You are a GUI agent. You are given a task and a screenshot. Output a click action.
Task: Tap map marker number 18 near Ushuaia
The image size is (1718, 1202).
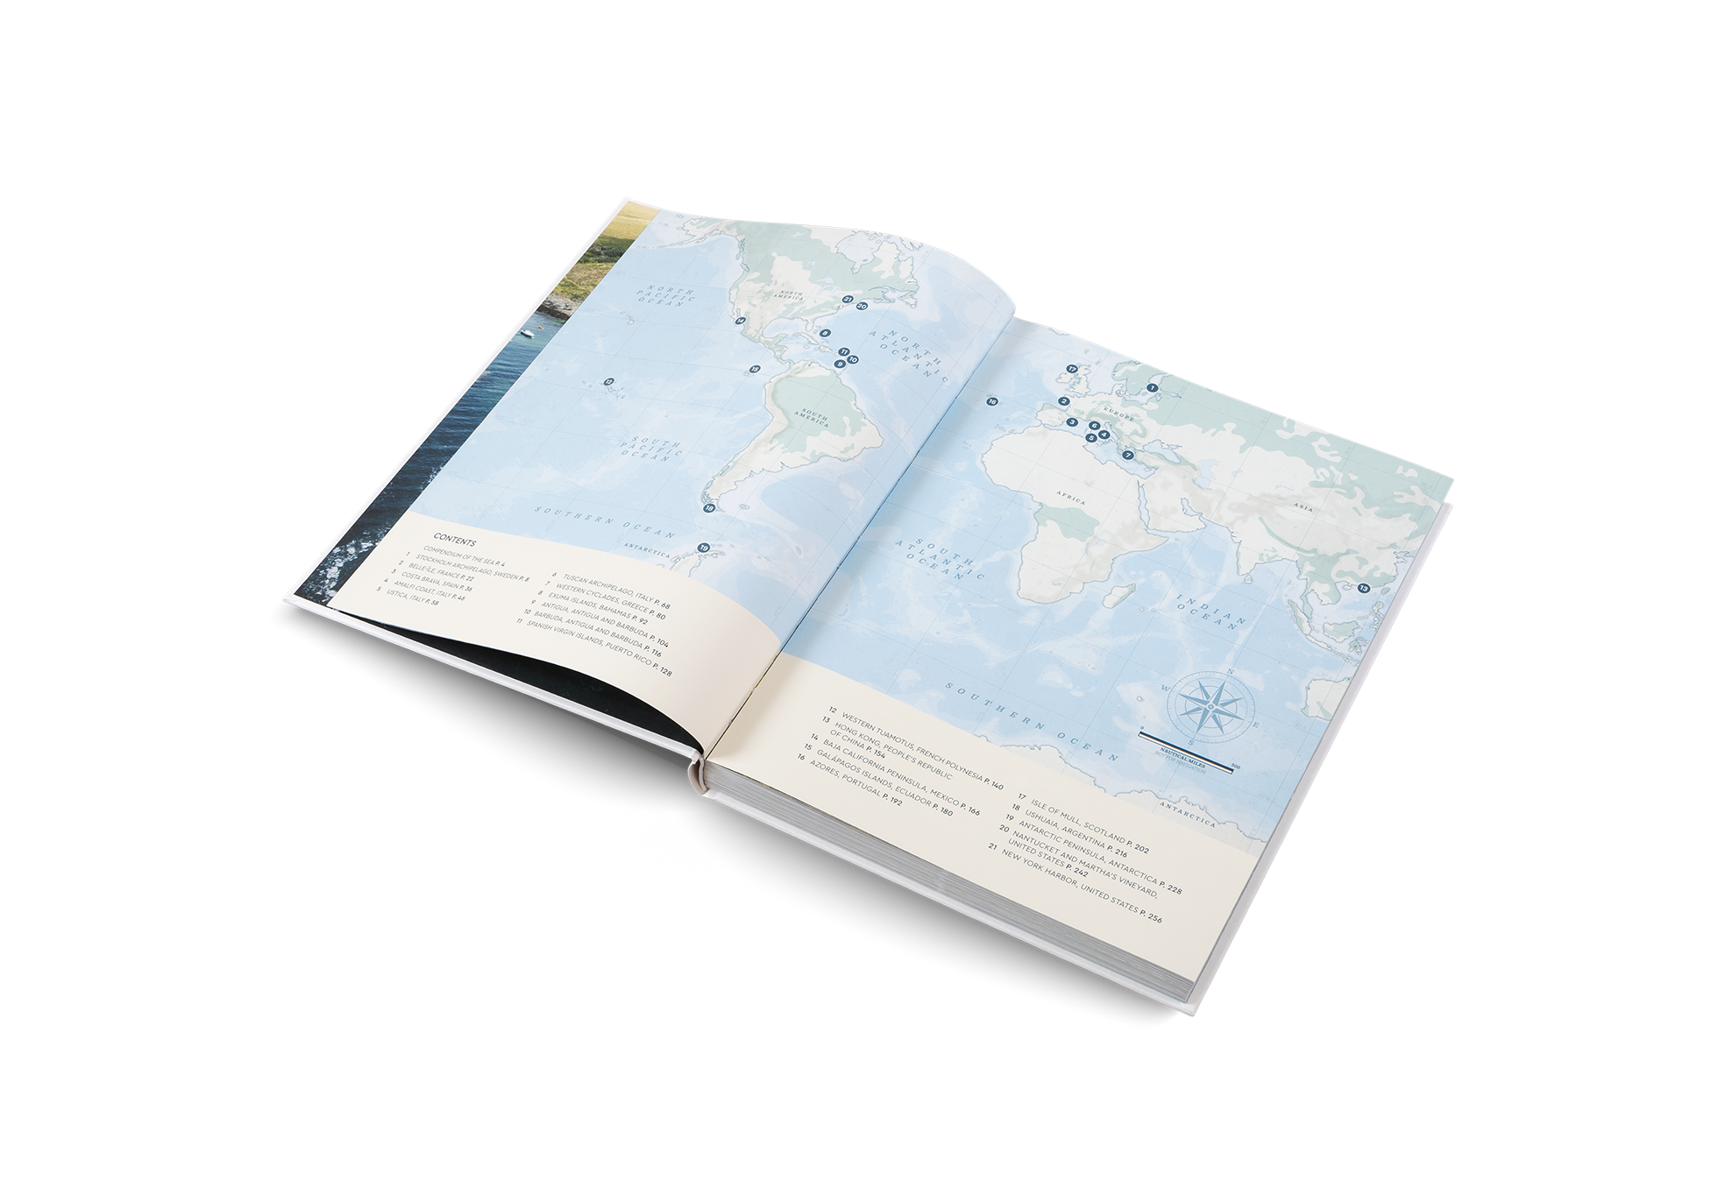[710, 507]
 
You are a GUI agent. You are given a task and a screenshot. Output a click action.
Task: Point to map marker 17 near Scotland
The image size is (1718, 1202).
[1070, 369]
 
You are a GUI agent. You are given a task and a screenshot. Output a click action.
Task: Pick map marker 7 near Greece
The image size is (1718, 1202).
[1128, 455]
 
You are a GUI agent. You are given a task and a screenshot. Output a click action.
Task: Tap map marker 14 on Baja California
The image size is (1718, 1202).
[741, 321]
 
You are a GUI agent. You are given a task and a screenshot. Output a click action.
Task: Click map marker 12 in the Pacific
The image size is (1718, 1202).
[608, 381]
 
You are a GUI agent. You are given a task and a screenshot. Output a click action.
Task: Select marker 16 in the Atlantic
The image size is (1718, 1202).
[991, 401]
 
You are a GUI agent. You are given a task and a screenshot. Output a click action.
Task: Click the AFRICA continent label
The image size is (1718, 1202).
[1072, 502]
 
